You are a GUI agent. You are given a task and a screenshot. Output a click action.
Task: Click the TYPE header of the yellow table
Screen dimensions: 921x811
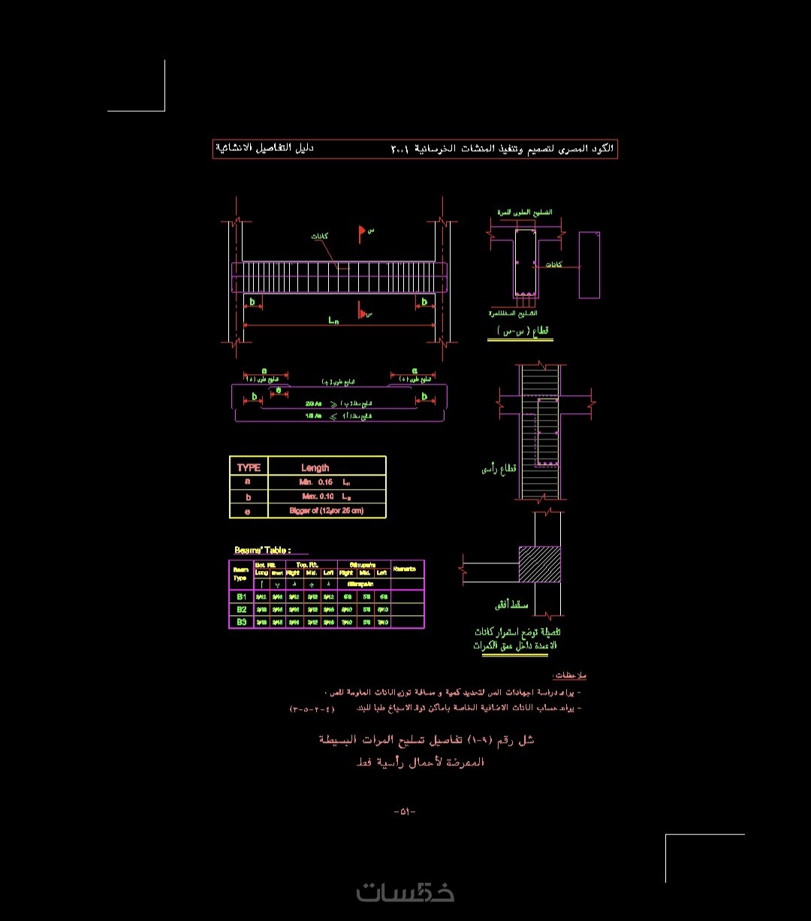click(249, 467)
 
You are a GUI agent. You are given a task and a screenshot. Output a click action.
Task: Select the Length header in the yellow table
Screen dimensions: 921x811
click(315, 467)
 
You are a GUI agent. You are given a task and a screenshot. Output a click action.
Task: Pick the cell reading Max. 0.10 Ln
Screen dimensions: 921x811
click(326, 497)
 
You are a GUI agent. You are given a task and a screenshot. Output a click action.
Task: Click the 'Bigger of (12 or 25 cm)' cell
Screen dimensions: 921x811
click(326, 511)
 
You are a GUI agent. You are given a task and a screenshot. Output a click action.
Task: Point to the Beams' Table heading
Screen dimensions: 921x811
click(262, 551)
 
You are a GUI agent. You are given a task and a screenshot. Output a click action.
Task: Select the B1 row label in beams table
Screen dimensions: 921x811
click(242, 596)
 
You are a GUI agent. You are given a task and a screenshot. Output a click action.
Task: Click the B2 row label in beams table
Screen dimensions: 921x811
click(242, 609)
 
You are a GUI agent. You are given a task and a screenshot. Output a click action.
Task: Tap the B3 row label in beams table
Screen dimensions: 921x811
click(242, 622)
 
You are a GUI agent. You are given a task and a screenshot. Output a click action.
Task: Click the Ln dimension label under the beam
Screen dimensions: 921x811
click(334, 320)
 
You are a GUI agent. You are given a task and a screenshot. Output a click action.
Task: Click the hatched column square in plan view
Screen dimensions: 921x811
click(539, 563)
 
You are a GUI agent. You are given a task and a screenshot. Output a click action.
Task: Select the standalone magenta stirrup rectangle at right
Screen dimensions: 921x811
click(589, 264)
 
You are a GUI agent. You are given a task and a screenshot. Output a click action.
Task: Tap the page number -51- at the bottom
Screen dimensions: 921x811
click(405, 811)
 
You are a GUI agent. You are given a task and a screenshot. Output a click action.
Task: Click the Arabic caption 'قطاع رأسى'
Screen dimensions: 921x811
click(499, 470)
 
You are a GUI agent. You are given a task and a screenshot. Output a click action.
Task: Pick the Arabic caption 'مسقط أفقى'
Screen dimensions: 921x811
click(511, 604)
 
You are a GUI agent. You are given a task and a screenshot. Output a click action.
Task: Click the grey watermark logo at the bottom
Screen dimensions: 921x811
click(405, 892)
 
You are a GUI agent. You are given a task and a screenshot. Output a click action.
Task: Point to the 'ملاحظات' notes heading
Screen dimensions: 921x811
click(568, 676)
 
